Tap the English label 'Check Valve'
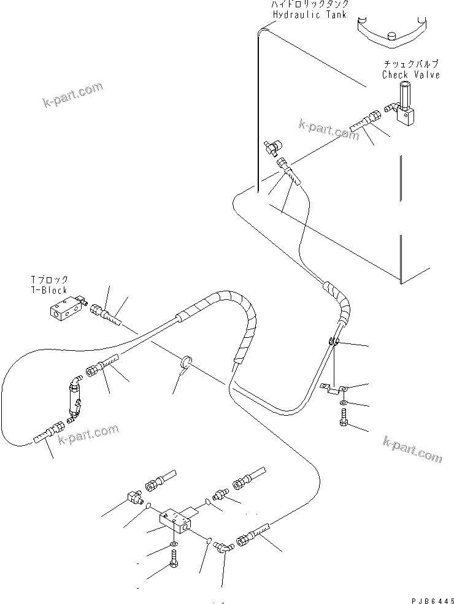[410, 75]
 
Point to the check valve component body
[406, 107]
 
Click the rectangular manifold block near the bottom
[176, 521]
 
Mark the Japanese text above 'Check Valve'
[410, 64]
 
